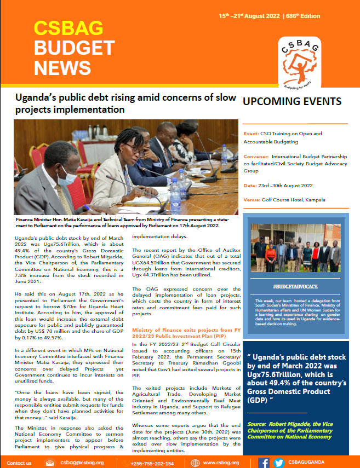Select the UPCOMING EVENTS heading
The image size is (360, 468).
(x=292, y=102)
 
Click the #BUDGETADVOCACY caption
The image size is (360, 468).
(x=295, y=286)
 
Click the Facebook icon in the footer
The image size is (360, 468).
(x=264, y=463)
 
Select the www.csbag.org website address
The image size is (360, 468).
(x=221, y=463)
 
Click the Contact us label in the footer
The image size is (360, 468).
(x=19, y=463)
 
